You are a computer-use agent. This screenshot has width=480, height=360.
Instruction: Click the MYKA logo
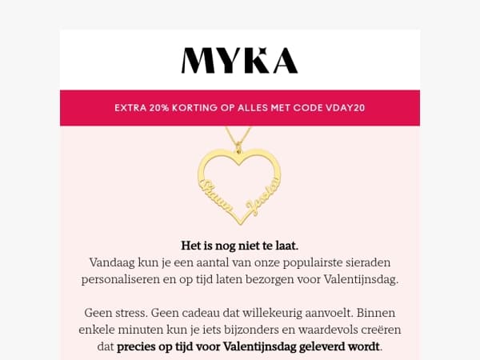(240, 60)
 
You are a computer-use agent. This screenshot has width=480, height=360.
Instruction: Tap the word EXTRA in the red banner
(130, 107)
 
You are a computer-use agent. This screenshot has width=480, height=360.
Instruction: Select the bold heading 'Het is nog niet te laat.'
(240, 246)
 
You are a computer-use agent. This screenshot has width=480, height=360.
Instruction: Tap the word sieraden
(367, 262)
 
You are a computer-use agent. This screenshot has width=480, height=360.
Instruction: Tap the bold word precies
(139, 346)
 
